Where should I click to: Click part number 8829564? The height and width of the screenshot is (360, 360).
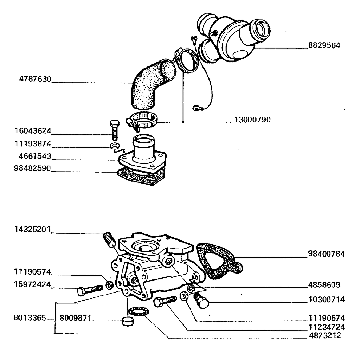click(324, 45)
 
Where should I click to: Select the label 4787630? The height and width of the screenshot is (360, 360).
click(35, 79)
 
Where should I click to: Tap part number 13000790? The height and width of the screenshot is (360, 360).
click(252, 120)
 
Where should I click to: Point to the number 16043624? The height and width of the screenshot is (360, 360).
click(33, 131)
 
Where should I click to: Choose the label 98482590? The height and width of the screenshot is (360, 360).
click(33, 169)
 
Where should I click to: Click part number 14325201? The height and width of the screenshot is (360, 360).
click(32, 230)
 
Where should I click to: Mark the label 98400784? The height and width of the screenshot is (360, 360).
click(326, 254)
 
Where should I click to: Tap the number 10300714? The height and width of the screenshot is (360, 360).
click(326, 300)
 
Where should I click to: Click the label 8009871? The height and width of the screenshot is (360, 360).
click(75, 319)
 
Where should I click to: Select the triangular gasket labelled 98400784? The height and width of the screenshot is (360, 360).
click(217, 261)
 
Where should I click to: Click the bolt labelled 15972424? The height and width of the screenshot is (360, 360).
click(90, 290)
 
